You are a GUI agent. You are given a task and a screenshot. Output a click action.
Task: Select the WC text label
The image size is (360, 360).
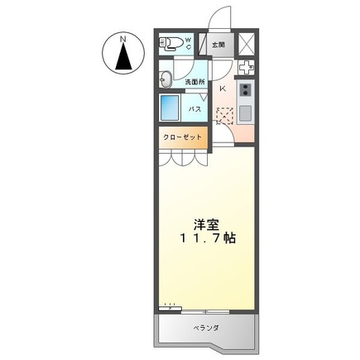(188, 42)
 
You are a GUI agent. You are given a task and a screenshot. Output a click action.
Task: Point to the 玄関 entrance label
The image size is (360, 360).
(217, 45)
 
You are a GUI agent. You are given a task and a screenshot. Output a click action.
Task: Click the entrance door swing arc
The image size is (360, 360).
(218, 18)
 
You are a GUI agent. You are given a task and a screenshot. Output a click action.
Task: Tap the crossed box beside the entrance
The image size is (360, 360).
(246, 44)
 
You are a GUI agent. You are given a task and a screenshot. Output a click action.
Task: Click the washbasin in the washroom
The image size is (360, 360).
(165, 79)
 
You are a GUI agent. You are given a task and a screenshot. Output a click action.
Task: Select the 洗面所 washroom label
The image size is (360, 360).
(194, 81)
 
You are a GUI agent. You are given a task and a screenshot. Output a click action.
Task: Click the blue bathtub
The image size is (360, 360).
(170, 108)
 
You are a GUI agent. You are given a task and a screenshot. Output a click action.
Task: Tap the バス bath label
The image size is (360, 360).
(195, 108)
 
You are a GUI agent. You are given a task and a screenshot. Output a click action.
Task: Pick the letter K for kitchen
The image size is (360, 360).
(223, 86)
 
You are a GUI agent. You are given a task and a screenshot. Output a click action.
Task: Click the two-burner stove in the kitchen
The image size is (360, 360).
(246, 89)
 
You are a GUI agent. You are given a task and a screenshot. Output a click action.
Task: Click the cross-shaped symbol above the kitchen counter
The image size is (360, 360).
(246, 69)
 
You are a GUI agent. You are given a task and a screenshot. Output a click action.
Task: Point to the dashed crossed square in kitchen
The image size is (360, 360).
(224, 117)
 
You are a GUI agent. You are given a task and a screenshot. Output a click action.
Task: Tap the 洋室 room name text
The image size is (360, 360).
(206, 223)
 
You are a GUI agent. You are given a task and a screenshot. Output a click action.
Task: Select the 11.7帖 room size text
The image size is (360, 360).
(207, 238)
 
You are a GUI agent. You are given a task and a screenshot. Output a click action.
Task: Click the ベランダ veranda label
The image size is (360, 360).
(207, 328)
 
